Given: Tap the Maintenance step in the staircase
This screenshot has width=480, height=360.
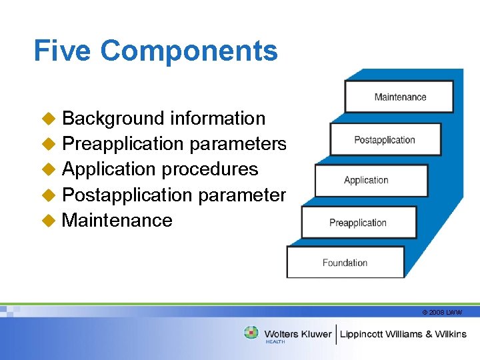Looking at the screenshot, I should [399, 97].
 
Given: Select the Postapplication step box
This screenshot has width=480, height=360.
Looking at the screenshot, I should [385, 140].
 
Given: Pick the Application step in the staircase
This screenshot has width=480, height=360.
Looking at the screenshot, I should [365, 180].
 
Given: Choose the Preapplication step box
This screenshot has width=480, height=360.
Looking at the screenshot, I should [358, 223].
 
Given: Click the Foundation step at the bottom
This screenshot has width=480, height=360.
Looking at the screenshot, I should [345, 263].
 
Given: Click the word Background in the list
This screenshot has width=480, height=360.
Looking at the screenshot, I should [113, 119].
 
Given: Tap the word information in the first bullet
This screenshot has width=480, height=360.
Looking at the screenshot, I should [218, 119].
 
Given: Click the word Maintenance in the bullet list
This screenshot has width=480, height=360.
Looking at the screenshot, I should [117, 221].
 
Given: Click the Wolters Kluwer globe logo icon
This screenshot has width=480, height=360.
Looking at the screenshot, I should [251, 332].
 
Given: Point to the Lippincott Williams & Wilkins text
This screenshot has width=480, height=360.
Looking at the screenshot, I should [404, 333].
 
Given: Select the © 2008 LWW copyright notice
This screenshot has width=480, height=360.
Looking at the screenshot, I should [441, 312].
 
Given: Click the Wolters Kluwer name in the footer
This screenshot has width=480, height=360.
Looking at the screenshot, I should [297, 333].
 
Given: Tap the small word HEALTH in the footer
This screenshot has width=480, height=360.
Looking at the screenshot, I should [275, 342].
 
